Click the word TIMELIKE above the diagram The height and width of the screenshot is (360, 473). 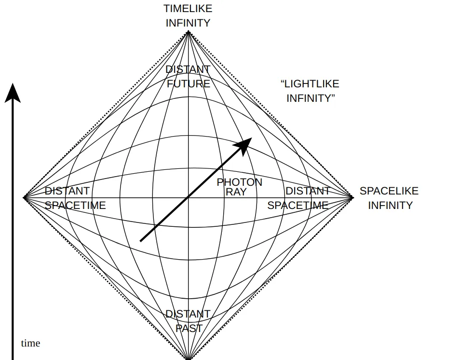(188, 9)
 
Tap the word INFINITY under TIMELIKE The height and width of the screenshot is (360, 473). (188, 23)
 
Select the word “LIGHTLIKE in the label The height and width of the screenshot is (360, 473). (310, 84)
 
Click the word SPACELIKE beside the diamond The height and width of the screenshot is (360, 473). (389, 191)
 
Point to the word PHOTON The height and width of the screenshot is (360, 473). (239, 182)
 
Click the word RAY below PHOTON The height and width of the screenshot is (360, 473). (236, 192)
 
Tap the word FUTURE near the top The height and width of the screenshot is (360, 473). (189, 83)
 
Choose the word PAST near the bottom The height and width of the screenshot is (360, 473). (189, 328)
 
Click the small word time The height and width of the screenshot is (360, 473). (30, 343)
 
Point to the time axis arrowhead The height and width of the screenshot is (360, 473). (13, 93)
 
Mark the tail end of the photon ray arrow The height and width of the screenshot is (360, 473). (141, 240)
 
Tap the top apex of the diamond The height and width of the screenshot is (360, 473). (188, 32)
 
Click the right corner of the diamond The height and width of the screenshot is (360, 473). (352, 197)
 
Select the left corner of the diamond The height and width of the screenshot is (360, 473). (24, 197)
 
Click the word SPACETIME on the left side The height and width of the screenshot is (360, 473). (75, 205)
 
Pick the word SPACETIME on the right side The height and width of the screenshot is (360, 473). (298, 205)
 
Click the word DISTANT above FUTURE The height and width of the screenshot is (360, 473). (188, 69)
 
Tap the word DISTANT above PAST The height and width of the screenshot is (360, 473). (188, 314)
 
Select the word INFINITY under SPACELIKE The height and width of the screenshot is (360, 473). (390, 205)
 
